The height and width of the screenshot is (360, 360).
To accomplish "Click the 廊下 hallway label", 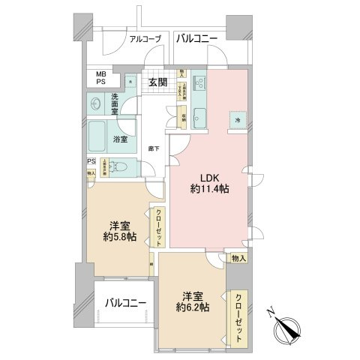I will [154, 148].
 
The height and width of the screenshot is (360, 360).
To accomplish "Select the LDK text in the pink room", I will [209, 177].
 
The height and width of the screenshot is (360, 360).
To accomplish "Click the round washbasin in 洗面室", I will [97, 103].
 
